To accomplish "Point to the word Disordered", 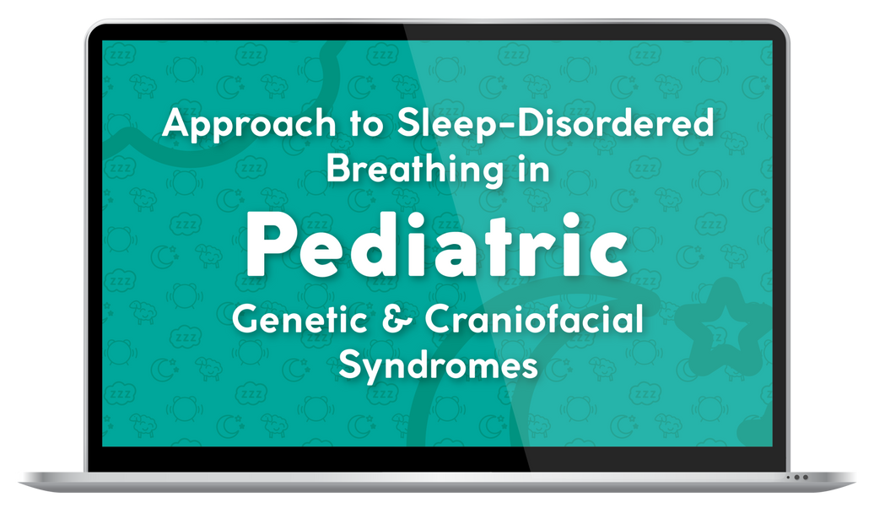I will pyautogui.click(x=608, y=125).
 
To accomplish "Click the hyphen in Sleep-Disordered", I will pyautogui.click(x=491, y=127).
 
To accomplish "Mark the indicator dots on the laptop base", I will pyautogui.click(x=797, y=477).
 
